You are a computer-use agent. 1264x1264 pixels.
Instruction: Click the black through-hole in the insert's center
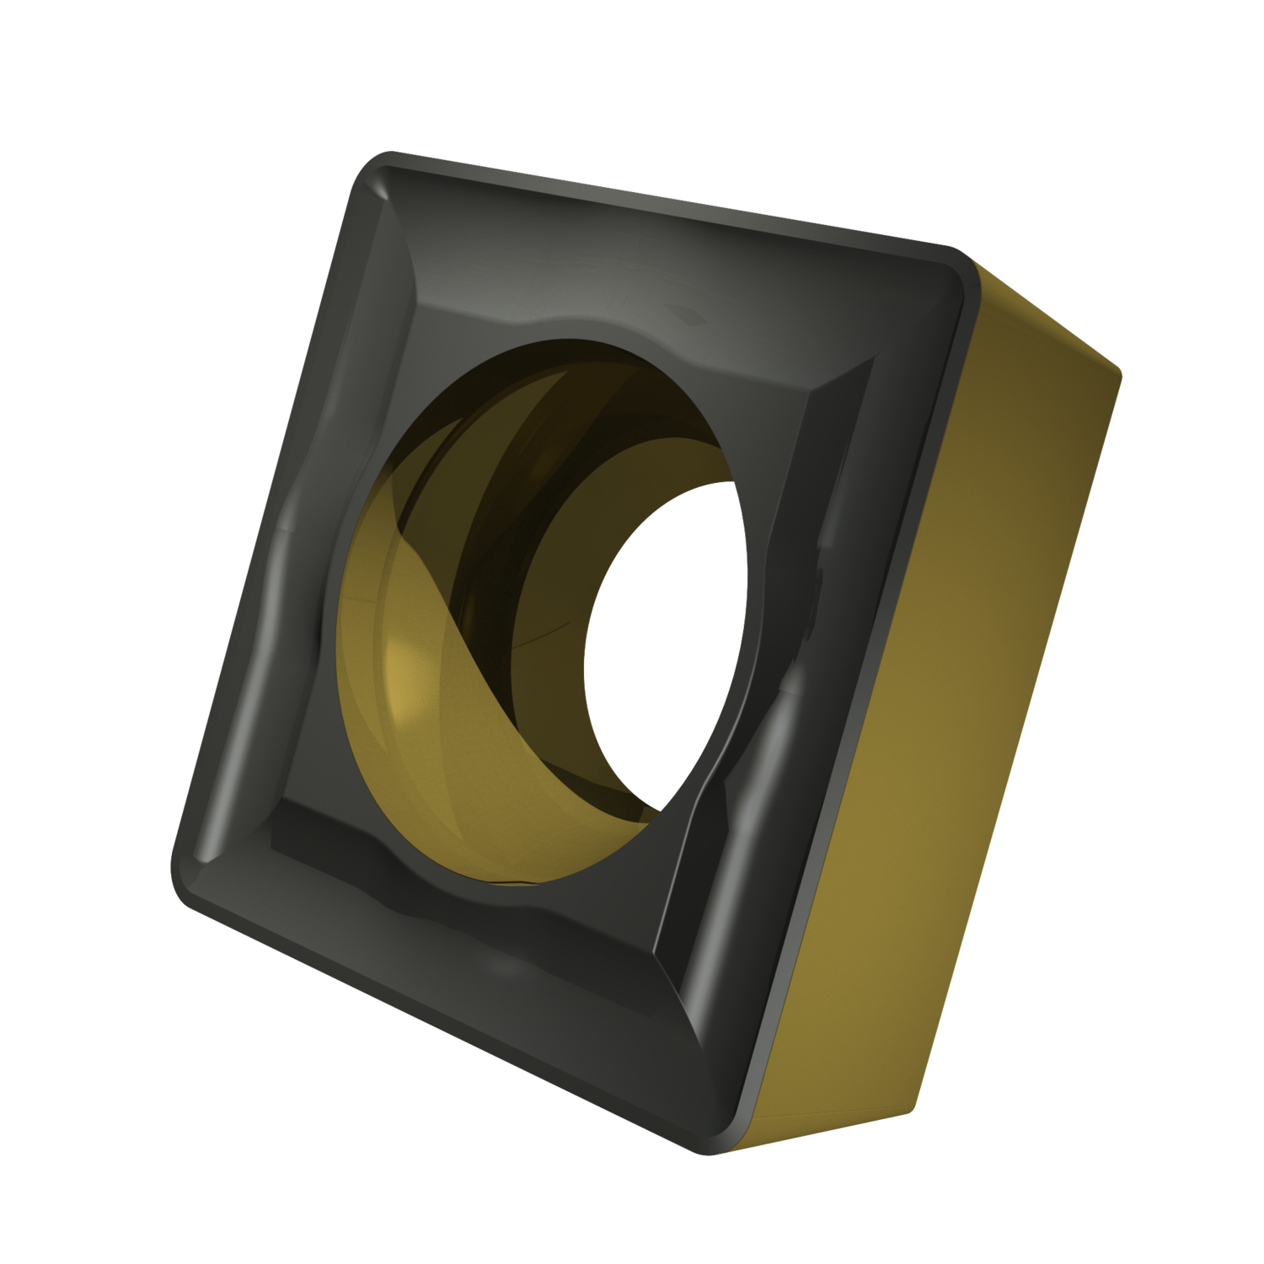click(x=666, y=640)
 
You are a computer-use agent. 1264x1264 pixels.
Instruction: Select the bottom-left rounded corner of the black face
click(x=190, y=868)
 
